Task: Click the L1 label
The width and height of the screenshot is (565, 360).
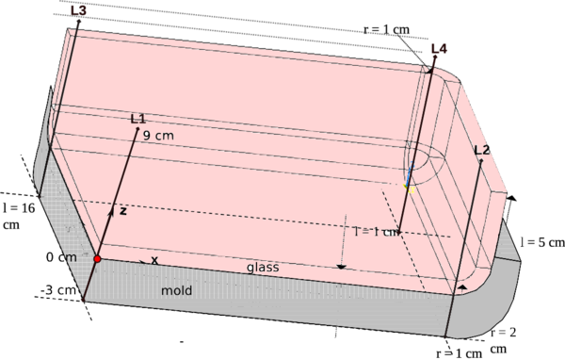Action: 137,119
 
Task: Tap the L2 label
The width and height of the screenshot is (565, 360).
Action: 482,150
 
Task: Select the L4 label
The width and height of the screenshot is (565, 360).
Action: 438,48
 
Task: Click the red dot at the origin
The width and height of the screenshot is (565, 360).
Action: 97,258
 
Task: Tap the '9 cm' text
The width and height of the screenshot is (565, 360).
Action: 158,136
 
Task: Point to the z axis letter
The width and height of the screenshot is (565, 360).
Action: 122,211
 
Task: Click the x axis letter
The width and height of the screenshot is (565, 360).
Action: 154,260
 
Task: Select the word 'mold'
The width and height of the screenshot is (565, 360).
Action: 176,291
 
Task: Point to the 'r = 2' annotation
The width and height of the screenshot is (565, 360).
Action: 505,333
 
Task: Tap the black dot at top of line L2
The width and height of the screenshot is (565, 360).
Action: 481,161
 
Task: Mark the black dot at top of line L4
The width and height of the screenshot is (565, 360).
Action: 431,70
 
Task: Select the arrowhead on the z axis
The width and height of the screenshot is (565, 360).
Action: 112,212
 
